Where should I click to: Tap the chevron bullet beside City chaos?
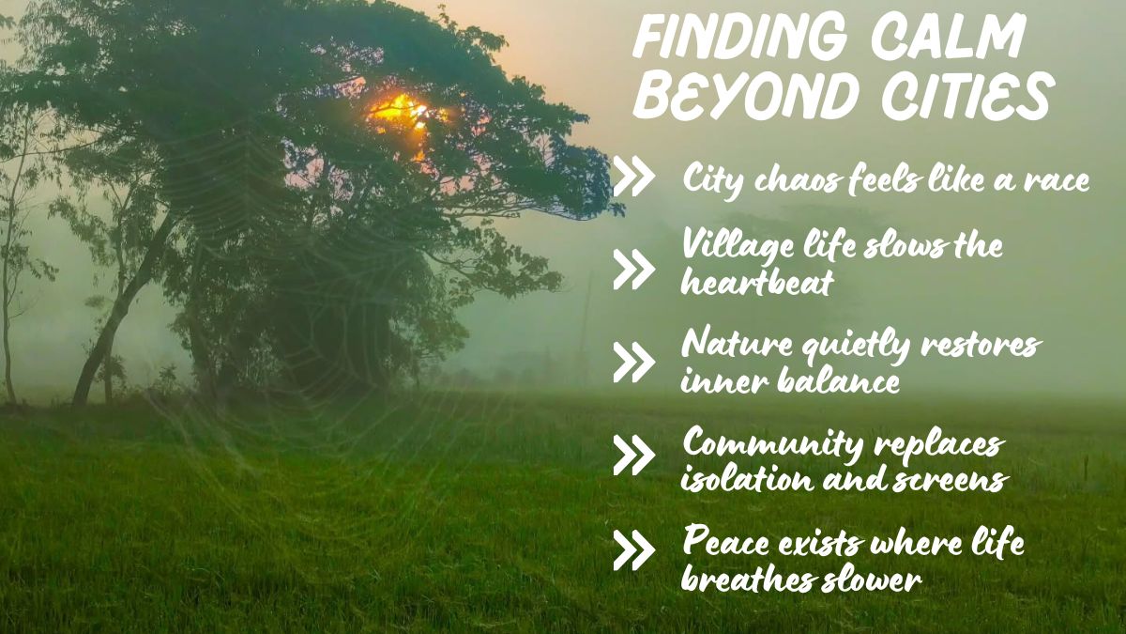tap(633, 178)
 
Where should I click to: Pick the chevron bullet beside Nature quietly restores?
tap(633, 362)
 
